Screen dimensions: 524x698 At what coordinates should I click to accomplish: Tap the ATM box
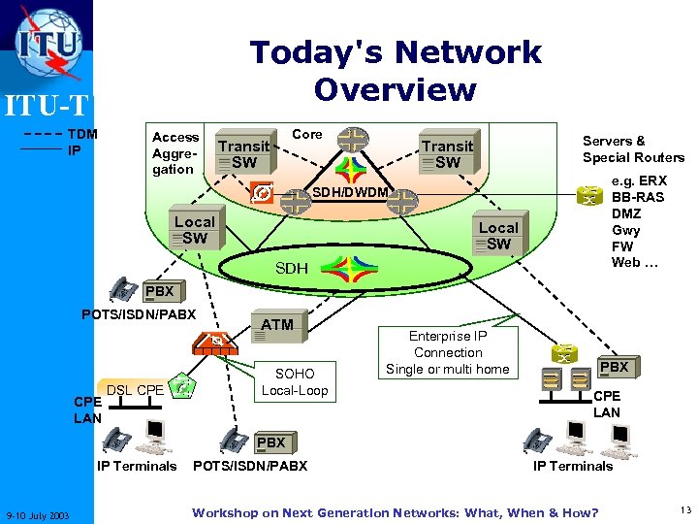coord(277,325)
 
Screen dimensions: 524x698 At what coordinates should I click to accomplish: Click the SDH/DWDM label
coord(350,192)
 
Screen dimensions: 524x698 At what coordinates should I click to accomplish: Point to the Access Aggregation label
coord(174,152)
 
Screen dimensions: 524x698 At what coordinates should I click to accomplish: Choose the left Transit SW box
coord(242,154)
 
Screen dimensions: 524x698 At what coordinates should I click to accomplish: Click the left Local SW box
coord(194,230)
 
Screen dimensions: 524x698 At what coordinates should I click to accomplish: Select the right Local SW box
coord(498,236)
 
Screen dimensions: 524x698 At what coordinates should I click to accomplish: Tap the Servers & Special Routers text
coord(633,148)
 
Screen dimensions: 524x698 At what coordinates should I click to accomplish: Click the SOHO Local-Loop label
coord(295,382)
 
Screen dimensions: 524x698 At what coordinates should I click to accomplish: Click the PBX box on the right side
coord(615,368)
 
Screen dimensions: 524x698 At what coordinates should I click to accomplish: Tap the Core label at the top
coord(307,134)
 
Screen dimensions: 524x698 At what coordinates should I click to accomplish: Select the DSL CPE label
coord(135,390)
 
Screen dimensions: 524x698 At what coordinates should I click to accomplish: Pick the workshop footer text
coord(395,512)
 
